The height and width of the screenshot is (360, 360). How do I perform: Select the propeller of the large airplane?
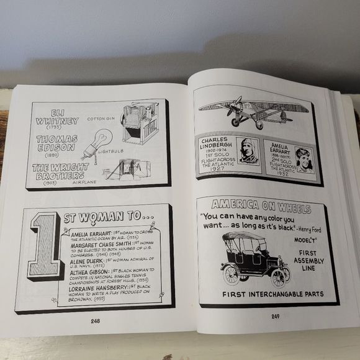[x=236, y=107]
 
